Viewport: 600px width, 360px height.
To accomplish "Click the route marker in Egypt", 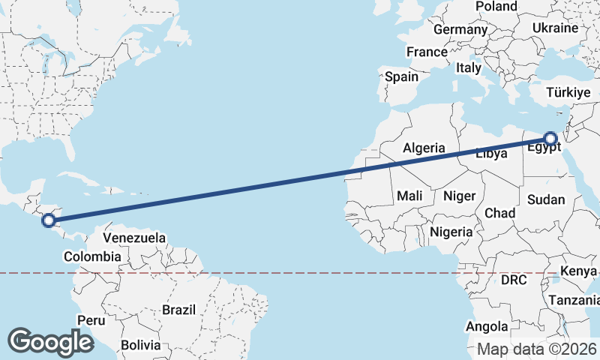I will (550, 139).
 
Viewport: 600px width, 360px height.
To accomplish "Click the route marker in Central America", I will (49, 220).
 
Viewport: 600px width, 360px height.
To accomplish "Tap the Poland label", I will (496, 7).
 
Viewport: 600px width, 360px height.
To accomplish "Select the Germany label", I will (460, 29).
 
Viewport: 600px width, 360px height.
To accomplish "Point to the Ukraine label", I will (555, 28).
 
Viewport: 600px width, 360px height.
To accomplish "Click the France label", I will (427, 52).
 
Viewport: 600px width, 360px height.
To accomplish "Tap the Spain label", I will (401, 76).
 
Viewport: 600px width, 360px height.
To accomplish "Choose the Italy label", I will (469, 67).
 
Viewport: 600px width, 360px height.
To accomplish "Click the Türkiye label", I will (568, 92).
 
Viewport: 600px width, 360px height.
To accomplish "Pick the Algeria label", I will (424, 148).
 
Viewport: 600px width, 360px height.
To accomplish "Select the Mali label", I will (409, 196).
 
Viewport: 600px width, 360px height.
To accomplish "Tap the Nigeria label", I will (451, 232).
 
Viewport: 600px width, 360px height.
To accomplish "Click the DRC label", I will (514, 280).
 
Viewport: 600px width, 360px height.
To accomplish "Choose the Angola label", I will (487, 327).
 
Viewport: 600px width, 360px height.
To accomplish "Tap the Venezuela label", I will (134, 238).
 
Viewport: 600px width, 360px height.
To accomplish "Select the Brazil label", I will (178, 309).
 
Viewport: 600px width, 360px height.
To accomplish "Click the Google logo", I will (50, 341).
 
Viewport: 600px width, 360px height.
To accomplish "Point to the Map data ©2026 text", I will (537, 349).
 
